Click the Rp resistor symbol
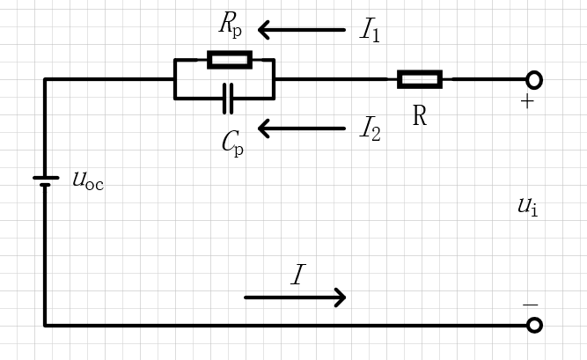(x=230, y=60)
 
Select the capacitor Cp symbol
(x=228, y=99)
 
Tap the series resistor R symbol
(x=420, y=79)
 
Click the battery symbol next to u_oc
(x=46, y=181)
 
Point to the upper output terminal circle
(x=534, y=80)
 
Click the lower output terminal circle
(x=534, y=325)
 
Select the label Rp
(x=231, y=25)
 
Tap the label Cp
(x=232, y=143)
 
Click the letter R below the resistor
(x=420, y=115)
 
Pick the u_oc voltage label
(x=88, y=180)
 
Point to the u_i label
(x=528, y=207)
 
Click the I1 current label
(x=370, y=30)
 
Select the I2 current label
(x=371, y=129)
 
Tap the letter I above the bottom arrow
(x=298, y=275)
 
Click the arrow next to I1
(x=301, y=30)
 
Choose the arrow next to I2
(x=301, y=129)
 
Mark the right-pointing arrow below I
(x=295, y=298)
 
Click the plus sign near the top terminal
(x=527, y=101)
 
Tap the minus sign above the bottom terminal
(x=530, y=305)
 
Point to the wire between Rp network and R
(x=336, y=79)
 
